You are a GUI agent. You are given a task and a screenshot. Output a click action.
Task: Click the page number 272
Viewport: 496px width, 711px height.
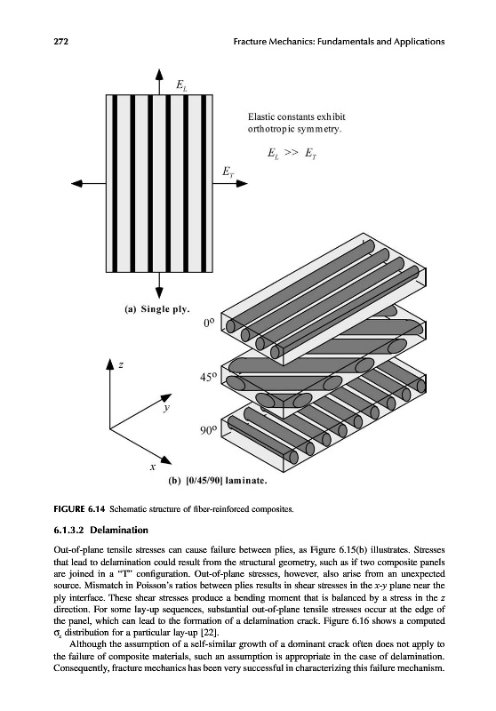pos(60,42)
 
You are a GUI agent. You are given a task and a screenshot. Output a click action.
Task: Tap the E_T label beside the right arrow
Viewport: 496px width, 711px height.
pos(228,172)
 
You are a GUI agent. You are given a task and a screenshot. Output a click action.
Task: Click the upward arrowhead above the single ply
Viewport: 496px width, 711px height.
pos(159,75)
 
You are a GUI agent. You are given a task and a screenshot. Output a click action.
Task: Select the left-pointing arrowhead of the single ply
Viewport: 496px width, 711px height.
pos(77,183)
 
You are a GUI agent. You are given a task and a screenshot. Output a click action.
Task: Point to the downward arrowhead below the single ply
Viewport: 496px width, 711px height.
pos(159,293)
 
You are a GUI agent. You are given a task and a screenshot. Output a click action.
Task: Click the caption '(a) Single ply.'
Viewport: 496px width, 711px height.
pos(156,309)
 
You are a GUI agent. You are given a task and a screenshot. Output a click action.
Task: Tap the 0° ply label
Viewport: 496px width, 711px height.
pos(209,323)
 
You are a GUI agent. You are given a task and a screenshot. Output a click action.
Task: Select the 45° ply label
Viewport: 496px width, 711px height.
pos(209,377)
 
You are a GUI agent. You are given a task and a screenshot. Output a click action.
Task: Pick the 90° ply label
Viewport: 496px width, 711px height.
pos(209,429)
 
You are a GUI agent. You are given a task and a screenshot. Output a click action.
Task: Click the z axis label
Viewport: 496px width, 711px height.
pos(121,364)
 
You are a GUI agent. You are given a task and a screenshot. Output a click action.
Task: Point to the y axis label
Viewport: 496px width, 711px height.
pos(167,408)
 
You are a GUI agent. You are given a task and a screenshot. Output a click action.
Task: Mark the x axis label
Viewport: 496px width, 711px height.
pos(153,466)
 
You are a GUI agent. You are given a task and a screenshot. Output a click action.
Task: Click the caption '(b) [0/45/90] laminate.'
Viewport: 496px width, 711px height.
pos(217,481)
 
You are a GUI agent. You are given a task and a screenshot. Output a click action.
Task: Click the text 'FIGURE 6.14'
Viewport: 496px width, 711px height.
pos(79,508)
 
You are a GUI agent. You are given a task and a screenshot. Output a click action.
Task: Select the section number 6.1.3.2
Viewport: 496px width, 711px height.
pos(70,530)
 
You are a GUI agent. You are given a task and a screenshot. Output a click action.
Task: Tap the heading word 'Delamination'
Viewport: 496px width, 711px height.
pos(119,530)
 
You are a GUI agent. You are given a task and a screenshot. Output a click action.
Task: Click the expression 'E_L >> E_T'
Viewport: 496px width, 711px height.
pos(292,154)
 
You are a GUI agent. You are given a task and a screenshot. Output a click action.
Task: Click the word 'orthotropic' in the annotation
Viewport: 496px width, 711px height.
pos(271,129)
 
